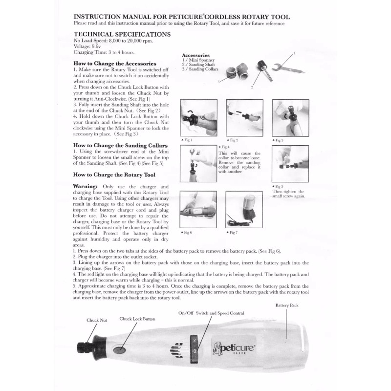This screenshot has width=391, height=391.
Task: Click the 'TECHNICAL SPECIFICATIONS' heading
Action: pyautogui.click(x=122, y=34)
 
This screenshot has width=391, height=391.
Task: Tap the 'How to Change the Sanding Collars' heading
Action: pyautogui.click(x=120, y=145)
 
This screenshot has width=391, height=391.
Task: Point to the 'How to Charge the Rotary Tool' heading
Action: pyautogui.click(x=114, y=174)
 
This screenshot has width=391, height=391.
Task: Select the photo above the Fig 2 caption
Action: pyautogui.click(x=244, y=118)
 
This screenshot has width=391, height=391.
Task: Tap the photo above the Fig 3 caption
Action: pyautogui.click(x=290, y=118)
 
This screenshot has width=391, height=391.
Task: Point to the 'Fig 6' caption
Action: pyautogui.click(x=187, y=232)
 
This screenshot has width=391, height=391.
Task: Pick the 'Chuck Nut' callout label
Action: pyautogui.click(x=97, y=320)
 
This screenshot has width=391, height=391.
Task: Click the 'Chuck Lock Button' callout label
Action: pyautogui.click(x=137, y=319)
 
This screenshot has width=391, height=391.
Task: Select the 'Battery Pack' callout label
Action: pyautogui.click(x=287, y=305)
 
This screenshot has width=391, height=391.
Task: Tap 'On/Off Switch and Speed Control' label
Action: pyautogui.click(x=211, y=313)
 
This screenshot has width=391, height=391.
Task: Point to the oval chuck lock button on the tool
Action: pyautogui.click(x=119, y=350)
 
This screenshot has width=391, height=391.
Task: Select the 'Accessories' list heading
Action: pyautogui.click(x=195, y=55)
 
